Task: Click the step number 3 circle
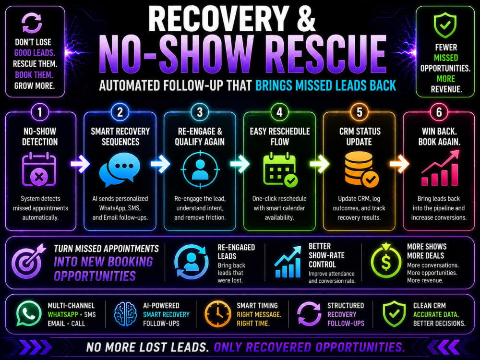(200, 112)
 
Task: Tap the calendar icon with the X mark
(39, 170)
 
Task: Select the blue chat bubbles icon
(120, 169)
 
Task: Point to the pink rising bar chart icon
(440, 168)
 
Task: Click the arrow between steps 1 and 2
(80, 164)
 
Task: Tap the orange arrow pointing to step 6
(399, 164)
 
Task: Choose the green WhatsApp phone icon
(29, 313)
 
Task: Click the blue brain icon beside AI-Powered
(125, 314)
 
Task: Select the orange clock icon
(217, 314)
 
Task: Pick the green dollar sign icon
(386, 261)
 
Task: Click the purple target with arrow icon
(28, 261)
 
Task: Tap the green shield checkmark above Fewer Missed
(445, 25)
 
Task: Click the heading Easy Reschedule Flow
(280, 136)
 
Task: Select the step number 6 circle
(439, 112)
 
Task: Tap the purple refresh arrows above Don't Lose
(32, 23)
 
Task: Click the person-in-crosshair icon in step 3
(200, 169)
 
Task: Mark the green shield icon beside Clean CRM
(394, 314)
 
